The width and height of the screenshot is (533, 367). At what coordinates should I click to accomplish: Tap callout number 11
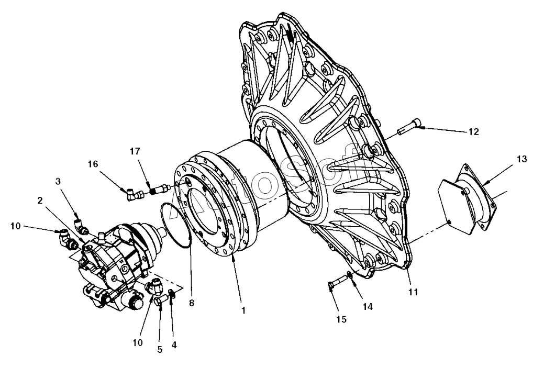[413, 292]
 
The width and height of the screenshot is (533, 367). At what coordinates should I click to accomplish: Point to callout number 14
[368, 307]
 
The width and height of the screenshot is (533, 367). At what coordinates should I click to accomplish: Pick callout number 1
[243, 310]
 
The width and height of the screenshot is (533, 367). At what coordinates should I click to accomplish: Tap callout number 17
[135, 152]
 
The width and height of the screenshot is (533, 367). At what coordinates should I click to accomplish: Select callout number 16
[93, 164]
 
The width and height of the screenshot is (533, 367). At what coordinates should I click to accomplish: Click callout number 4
[174, 345]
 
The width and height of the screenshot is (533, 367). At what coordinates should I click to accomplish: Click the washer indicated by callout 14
[349, 276]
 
